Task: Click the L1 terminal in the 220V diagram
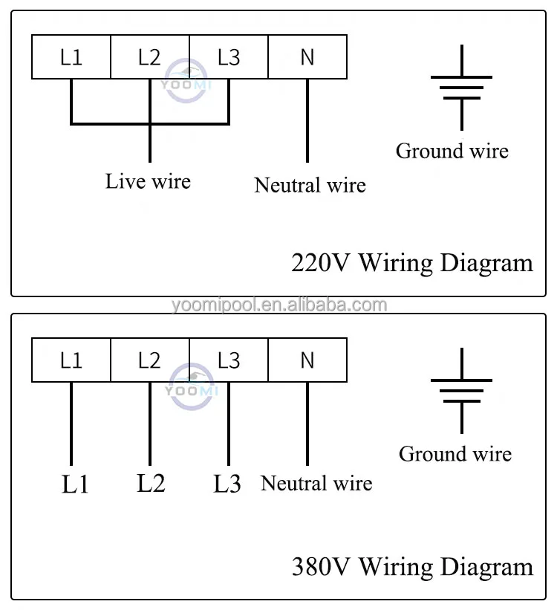(x=71, y=57)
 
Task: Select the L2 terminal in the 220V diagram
(x=149, y=57)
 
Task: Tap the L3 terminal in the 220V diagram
(x=229, y=57)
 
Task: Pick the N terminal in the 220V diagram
(x=307, y=57)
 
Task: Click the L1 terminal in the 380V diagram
(x=71, y=360)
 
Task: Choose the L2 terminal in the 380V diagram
(x=149, y=360)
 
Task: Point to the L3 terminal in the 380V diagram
(x=229, y=360)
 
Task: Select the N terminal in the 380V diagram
(x=307, y=360)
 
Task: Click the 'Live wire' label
(x=148, y=181)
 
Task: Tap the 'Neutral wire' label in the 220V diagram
(x=310, y=185)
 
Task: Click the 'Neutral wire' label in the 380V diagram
(x=316, y=484)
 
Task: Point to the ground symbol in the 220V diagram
(x=461, y=86)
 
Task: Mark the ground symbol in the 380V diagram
(x=461, y=390)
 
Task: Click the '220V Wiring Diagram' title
(x=412, y=264)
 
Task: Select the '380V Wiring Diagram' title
(x=412, y=568)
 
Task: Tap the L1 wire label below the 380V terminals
(x=75, y=485)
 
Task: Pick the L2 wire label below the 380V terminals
(x=151, y=483)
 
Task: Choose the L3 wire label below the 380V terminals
(x=227, y=484)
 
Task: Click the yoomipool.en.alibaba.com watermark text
(x=278, y=305)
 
